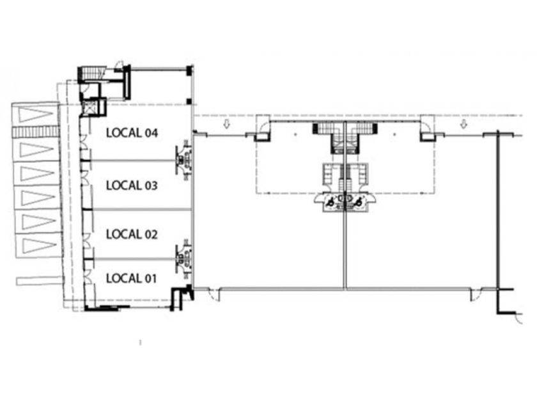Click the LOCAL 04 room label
132,133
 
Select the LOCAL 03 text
132,186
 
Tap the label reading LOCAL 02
132,234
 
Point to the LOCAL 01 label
132,278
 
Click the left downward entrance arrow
226,124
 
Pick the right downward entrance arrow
463,124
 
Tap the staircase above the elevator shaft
93,73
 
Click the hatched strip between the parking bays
35,132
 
